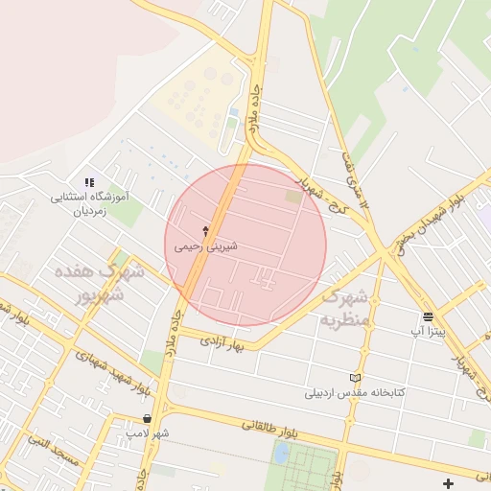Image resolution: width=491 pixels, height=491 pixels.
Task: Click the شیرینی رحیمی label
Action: pyautogui.click(x=205, y=246)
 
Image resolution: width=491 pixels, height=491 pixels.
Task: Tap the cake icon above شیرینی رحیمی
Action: pyautogui.click(x=205, y=230)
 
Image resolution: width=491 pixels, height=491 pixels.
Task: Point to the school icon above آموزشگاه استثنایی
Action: pyautogui.click(x=89, y=181)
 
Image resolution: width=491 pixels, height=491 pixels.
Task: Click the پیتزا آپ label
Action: pyautogui.click(x=427, y=331)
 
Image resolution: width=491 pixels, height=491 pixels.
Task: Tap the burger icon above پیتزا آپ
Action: pyautogui.click(x=427, y=316)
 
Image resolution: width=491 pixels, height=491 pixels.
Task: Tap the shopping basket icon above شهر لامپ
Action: pyautogui.click(x=147, y=418)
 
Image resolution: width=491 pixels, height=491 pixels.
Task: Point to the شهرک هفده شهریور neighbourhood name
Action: pyautogui.click(x=100, y=283)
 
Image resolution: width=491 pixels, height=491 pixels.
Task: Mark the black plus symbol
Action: pyautogui.click(x=448, y=483)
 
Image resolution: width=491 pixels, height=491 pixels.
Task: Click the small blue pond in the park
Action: pyautogui.click(x=281, y=454)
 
